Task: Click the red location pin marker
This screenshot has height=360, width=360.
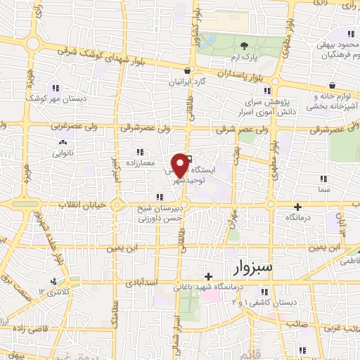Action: [181, 165]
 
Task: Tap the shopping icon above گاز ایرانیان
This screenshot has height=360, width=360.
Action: [188, 71]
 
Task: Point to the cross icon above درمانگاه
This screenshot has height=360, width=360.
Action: [299, 207]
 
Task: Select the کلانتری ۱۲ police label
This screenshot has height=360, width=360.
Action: [51, 291]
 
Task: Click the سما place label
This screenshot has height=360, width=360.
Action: [323, 191]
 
